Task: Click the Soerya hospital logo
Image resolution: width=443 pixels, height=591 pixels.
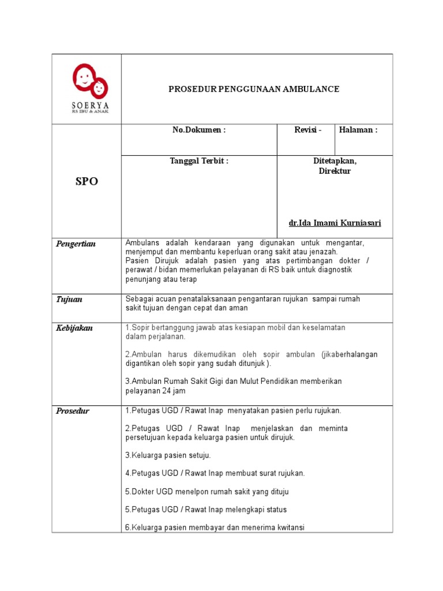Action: (89, 88)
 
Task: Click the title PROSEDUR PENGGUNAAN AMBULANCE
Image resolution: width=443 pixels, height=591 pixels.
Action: (253, 89)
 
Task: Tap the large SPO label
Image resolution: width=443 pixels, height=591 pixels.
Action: (87, 181)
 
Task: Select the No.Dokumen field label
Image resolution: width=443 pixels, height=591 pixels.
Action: (199, 130)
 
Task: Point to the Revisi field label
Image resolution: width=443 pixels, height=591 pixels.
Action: (307, 130)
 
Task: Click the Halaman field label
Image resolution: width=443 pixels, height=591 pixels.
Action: (358, 130)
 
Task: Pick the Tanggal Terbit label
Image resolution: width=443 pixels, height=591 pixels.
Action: (199, 161)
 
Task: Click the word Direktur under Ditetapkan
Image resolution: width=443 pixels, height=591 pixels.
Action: (335, 171)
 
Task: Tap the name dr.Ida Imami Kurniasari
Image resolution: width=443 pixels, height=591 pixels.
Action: (335, 223)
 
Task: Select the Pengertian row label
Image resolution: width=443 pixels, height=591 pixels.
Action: (76, 244)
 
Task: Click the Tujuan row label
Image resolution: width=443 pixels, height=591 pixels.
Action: (69, 299)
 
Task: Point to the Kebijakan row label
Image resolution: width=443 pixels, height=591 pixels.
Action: (74, 328)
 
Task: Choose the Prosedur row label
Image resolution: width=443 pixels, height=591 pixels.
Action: (73, 411)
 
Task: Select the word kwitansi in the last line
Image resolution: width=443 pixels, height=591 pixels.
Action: (287, 528)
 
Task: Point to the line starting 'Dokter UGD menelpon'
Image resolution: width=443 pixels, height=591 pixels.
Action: (207, 492)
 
